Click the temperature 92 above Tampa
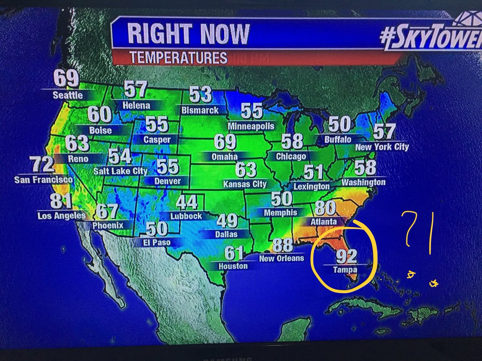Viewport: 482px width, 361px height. coord(346,256)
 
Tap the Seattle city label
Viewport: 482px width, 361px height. coord(68,95)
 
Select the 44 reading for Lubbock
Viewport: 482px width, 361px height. coord(186,203)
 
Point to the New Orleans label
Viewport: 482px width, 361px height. coord(282,259)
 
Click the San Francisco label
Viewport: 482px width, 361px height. coord(44,180)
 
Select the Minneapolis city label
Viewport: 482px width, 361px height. coord(251,126)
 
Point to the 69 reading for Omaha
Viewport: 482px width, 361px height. coord(225,142)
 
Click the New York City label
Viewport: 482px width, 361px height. coord(382,147)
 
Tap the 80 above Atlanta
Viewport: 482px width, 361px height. coord(325,208)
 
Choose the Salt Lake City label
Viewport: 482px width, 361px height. coord(120,171)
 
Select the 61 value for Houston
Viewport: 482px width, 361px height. coord(233,253)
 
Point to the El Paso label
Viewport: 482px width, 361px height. coord(156,242)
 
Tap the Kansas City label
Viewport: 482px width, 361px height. coord(245,184)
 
